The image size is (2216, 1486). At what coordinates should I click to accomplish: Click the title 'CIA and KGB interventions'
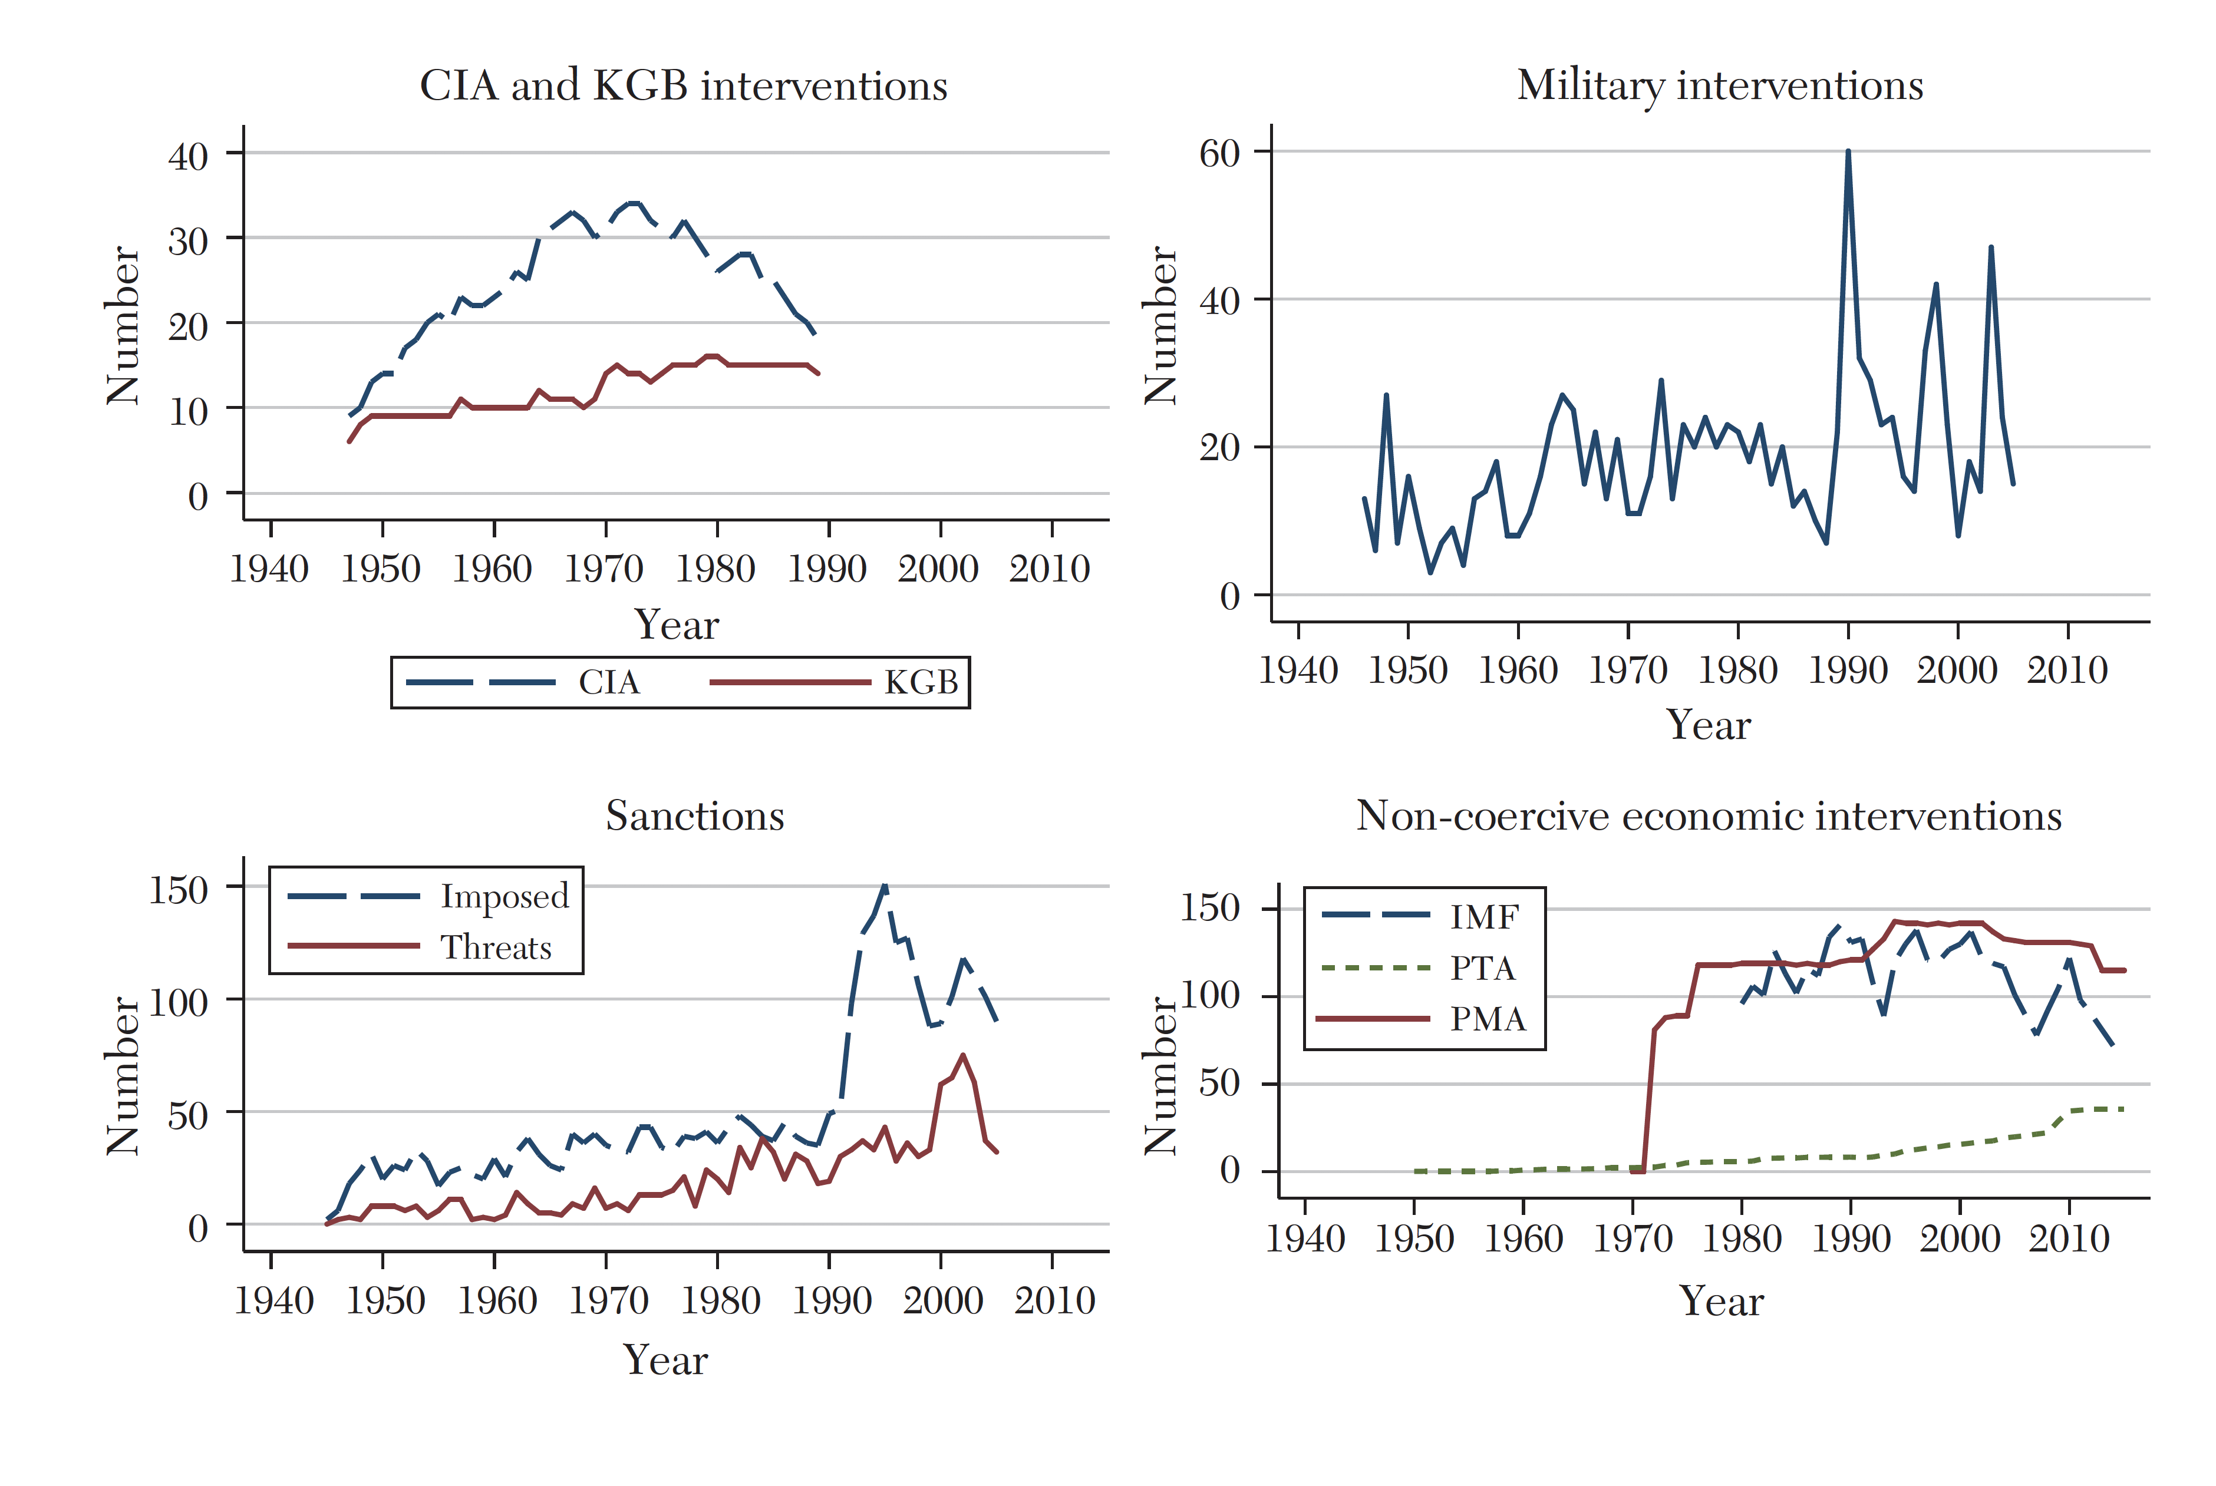684,85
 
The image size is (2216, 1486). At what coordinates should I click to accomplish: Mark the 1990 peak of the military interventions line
1847,151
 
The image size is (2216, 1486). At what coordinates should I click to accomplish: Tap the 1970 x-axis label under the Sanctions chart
608,1300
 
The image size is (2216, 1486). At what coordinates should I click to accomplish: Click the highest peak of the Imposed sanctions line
884,886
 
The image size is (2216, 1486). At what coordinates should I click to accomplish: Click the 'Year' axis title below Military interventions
1708,725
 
